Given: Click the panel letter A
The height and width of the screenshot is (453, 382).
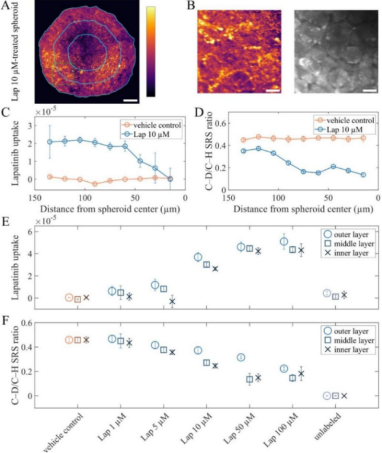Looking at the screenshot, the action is click(6, 5).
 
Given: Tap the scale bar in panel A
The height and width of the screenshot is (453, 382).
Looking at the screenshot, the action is click(130, 100).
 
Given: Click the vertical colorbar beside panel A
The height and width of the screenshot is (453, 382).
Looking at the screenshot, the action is click(151, 52).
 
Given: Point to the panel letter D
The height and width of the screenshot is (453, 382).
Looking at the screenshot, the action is click(199, 112).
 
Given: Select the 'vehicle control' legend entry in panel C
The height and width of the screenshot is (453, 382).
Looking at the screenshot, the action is click(152, 125).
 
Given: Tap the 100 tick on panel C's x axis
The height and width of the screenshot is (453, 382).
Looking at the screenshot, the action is click(85, 198).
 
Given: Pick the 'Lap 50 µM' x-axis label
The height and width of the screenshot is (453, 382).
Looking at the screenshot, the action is click(239, 429).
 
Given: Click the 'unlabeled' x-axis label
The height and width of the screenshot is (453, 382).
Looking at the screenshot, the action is click(328, 427).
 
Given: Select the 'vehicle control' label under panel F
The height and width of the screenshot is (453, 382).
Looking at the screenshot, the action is click(63, 432).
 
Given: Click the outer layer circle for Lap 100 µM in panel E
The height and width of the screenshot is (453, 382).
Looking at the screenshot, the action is click(284, 242).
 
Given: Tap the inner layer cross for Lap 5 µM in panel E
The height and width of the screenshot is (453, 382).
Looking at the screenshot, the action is click(172, 301).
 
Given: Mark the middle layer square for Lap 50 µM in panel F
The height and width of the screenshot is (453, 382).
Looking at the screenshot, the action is click(250, 380).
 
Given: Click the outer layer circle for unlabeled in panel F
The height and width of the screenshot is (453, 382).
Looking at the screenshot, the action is click(327, 396).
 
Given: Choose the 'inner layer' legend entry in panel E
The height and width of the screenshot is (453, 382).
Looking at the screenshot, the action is click(346, 253).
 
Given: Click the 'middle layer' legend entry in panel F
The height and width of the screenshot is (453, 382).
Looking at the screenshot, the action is click(349, 340).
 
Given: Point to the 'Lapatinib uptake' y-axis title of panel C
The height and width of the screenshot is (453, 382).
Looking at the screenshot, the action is click(16, 153).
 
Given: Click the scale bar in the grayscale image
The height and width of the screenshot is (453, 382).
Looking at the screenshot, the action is click(370, 91).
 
